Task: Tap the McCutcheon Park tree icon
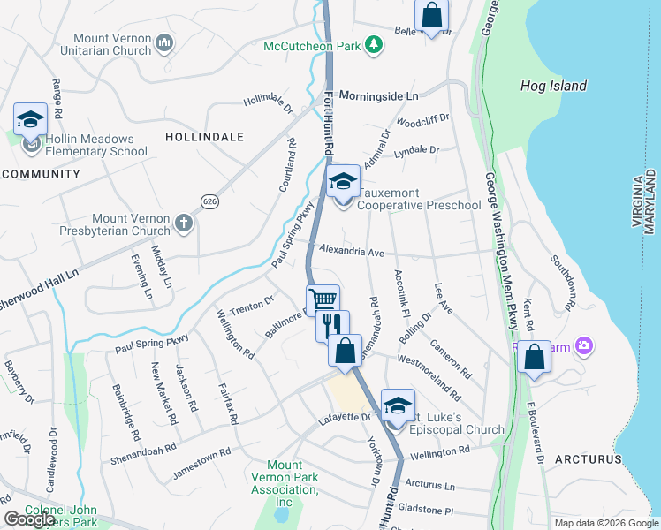pyautogui.click(x=374, y=43)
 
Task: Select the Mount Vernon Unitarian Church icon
pyautogui.click(x=164, y=42)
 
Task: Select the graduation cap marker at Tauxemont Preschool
pyautogui.click(x=343, y=183)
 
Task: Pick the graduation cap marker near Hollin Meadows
pyautogui.click(x=30, y=119)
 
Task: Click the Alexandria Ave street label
pyautogui.click(x=351, y=253)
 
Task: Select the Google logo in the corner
pyautogui.click(x=29, y=519)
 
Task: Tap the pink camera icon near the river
pyautogui.click(x=582, y=345)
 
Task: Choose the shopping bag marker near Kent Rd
pyautogui.click(x=534, y=358)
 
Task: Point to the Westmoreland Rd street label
pyautogui.click(x=429, y=372)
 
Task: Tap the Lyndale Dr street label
pyautogui.click(x=416, y=150)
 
